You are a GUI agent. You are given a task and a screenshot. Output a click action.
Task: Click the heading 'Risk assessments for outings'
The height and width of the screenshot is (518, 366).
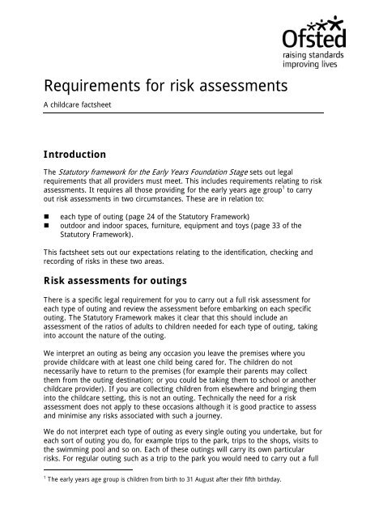(x=117, y=282)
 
